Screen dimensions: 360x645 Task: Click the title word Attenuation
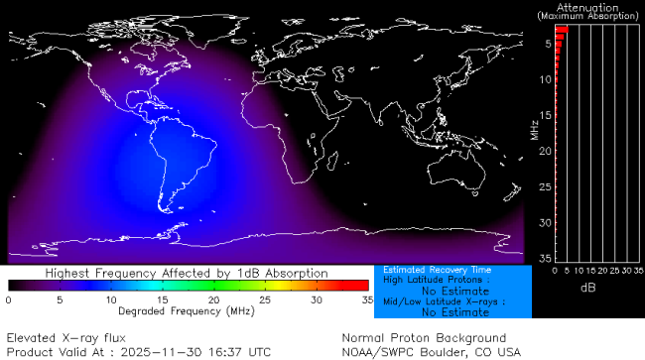point(585,6)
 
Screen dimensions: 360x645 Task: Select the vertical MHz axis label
point(535,127)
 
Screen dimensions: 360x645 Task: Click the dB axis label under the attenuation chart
point(586,288)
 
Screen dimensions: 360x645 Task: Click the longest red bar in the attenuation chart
point(561,30)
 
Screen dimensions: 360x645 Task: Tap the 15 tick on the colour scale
point(162,299)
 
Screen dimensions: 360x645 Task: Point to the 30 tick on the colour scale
point(316,299)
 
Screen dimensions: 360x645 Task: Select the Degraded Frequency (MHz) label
point(188,311)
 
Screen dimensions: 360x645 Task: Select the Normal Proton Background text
point(424,337)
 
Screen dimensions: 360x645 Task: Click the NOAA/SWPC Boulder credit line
point(431,352)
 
